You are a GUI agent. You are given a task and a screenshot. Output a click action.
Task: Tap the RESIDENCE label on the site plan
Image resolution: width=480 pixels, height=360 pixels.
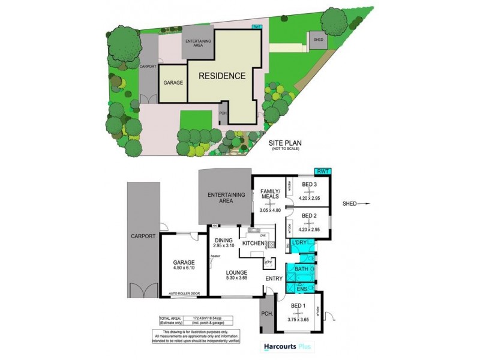tap(222, 76)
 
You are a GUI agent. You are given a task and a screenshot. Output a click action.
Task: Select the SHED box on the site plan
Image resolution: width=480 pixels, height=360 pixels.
tap(319, 40)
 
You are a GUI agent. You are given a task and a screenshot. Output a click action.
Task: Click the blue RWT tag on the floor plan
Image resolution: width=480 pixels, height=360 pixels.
tap(323, 172)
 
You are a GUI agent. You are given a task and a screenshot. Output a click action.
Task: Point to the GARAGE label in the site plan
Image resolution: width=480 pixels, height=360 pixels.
tap(173, 82)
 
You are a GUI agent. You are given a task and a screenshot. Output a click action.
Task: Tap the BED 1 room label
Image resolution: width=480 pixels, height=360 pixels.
tap(298, 305)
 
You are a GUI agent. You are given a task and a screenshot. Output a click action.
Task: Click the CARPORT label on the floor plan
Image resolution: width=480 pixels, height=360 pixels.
tap(143, 236)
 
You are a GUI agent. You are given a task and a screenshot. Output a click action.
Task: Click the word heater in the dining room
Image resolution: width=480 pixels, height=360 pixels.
tap(215, 257)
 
